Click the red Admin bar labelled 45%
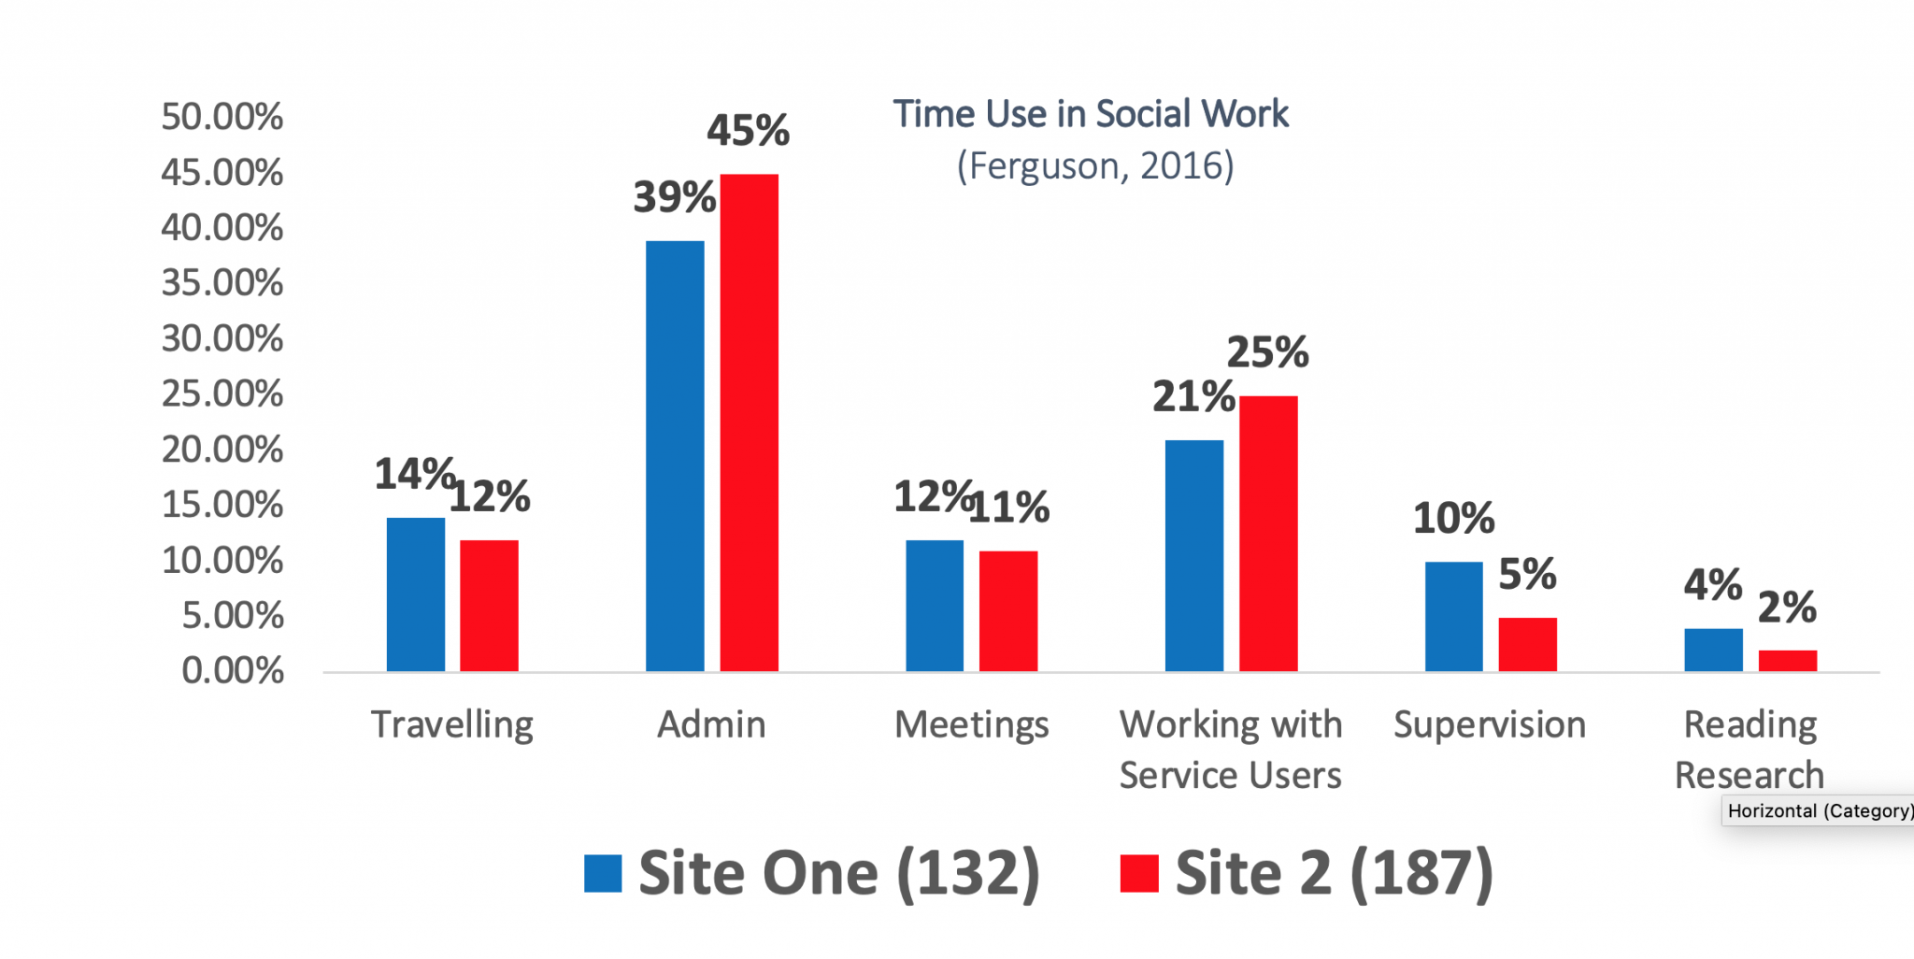click(x=749, y=422)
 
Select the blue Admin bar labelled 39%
click(x=675, y=456)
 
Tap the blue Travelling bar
click(x=415, y=594)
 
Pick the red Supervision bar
click(x=1527, y=644)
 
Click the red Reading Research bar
click(x=1787, y=661)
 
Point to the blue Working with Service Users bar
click(x=1193, y=555)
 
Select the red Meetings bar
click(x=1007, y=610)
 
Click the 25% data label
click(x=1267, y=353)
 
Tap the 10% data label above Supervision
click(x=1453, y=519)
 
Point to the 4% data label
click(x=1712, y=586)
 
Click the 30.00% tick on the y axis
click(x=222, y=338)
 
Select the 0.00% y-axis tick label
click(x=233, y=671)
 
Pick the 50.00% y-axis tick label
click(x=222, y=117)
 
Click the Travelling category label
click(x=452, y=725)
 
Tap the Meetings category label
click(x=971, y=725)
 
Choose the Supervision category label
click(x=1490, y=725)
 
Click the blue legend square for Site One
click(x=603, y=874)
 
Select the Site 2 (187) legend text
click(x=1334, y=874)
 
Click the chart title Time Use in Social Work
click(x=1091, y=114)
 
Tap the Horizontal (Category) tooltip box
click(x=1818, y=810)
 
